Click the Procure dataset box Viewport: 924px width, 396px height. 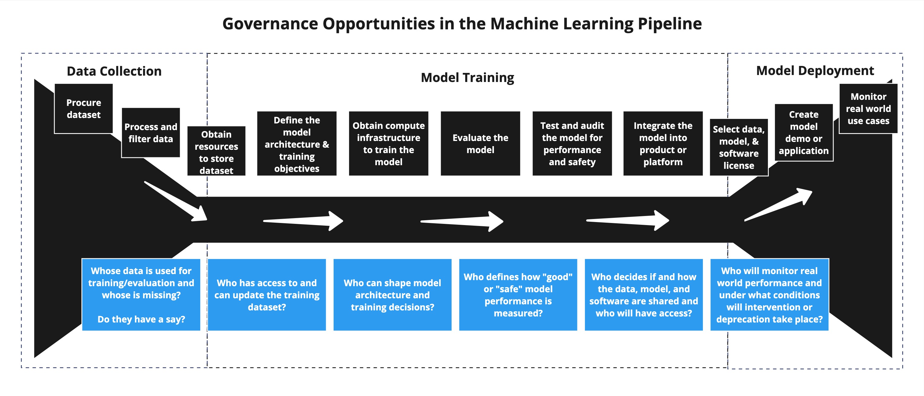tap(83, 109)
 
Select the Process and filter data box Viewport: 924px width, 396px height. tap(151, 133)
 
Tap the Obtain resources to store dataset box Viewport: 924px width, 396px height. tap(216, 151)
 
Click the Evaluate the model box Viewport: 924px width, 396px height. tap(480, 143)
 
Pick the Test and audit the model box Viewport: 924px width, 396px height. tap(572, 143)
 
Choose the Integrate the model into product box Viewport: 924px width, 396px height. tap(663, 143)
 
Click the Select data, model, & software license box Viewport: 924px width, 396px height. tap(739, 147)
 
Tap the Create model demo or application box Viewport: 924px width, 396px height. tap(804, 133)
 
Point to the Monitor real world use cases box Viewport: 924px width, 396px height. tap(868, 109)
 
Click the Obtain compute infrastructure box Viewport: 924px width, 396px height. tap(388, 143)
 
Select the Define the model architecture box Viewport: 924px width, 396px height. tap(297, 143)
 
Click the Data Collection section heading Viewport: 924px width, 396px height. tap(114, 71)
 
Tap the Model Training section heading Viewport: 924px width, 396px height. tap(467, 77)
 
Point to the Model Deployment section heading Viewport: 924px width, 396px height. tap(815, 71)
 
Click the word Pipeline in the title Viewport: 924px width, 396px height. tap(669, 24)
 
